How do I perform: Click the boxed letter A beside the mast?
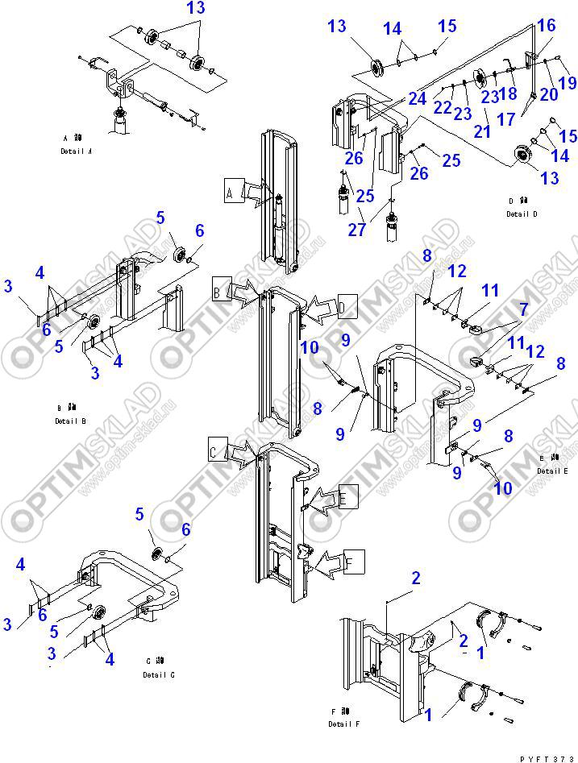(230, 193)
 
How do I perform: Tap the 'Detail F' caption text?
(346, 724)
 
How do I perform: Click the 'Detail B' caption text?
(71, 421)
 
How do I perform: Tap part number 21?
(481, 131)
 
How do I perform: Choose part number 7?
(523, 309)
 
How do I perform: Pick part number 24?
(416, 99)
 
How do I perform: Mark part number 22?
(443, 106)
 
